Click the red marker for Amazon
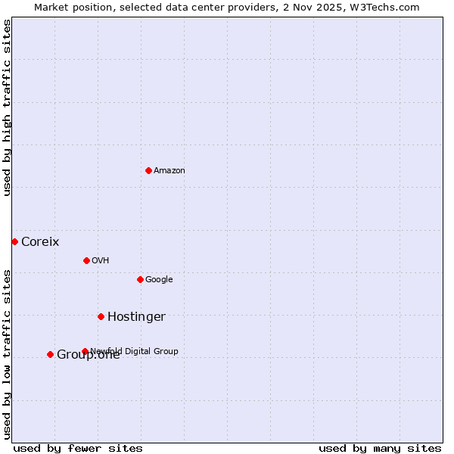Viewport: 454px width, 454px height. tap(148, 170)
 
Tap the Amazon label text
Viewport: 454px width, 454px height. tap(169, 171)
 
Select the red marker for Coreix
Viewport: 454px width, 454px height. tap(14, 241)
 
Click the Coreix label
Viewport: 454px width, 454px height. tap(40, 242)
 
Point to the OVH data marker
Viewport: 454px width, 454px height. tap(86, 260)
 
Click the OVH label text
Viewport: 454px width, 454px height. tap(101, 261)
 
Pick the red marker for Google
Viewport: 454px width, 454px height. tap(140, 279)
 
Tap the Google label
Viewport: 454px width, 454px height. tap(159, 280)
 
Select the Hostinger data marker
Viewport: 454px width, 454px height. tap(101, 316)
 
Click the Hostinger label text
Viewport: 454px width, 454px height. tap(136, 317)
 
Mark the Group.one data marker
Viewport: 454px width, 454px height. tap(50, 354)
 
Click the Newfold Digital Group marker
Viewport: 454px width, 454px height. tap(85, 351)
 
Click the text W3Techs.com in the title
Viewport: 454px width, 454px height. tap(384, 8)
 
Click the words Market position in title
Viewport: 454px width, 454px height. tap(70, 8)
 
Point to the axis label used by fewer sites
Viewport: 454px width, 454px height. tap(78, 448)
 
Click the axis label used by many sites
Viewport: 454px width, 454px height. tap(380, 448)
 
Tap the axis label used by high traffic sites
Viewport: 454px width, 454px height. tap(8, 107)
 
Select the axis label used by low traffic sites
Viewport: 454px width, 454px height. tap(8, 354)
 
